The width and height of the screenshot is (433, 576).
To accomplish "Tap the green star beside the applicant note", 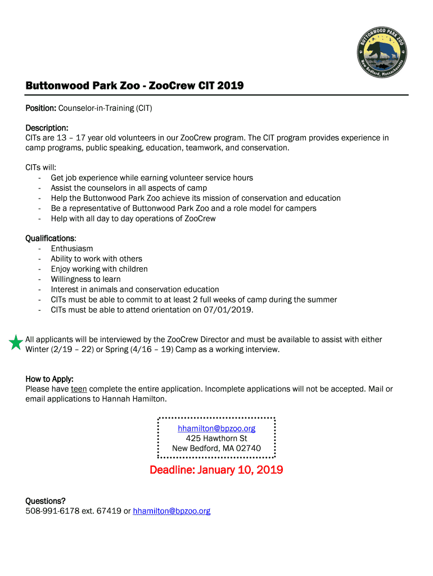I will click(x=16, y=342).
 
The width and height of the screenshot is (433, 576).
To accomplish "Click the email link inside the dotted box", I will click(x=216, y=428).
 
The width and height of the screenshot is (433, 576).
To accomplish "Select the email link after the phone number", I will click(x=172, y=511).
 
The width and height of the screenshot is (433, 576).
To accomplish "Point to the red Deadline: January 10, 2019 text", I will click(x=216, y=470).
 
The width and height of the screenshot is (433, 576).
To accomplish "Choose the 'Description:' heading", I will click(x=47, y=128).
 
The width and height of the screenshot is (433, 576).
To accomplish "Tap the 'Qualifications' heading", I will click(x=50, y=238).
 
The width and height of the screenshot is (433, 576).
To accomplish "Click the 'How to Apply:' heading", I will click(x=49, y=379).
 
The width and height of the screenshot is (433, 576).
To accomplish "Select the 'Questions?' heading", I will click(x=46, y=501).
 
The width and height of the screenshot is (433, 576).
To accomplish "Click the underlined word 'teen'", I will click(x=79, y=389).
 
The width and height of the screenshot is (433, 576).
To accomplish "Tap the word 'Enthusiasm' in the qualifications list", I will click(x=72, y=249).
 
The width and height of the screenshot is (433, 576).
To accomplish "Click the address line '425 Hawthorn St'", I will click(x=216, y=438).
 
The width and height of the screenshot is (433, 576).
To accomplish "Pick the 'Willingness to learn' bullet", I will click(x=85, y=279).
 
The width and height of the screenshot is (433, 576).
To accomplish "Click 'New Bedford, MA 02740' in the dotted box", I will click(x=216, y=448).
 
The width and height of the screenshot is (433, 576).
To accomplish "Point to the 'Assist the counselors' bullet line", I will click(x=129, y=188).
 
